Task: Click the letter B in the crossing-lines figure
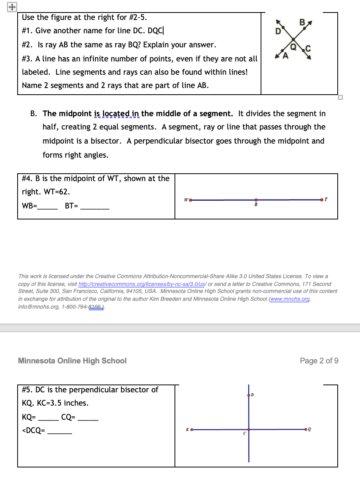point(301,22)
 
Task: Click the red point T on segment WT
point(322,200)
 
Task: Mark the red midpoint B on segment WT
point(256,200)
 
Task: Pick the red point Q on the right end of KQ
point(306,429)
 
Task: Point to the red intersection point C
point(248,429)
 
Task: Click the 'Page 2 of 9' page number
point(319,361)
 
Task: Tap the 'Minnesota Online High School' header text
point(72,361)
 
